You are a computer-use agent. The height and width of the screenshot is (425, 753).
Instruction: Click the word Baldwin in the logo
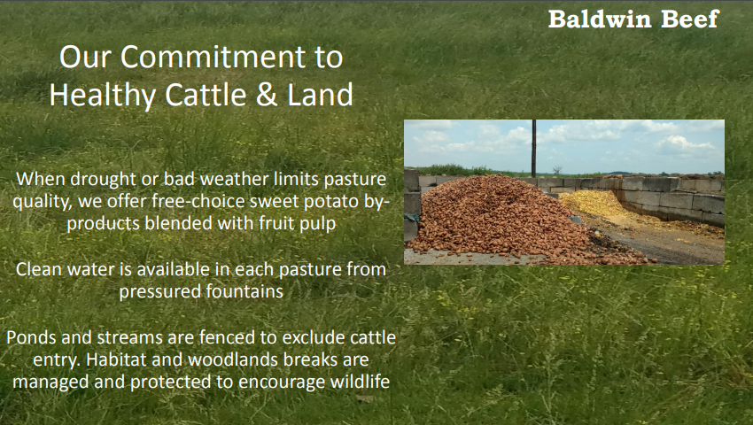(600, 19)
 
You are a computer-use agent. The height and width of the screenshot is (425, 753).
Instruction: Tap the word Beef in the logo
(689, 19)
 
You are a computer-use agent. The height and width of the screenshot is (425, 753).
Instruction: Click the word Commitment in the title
(213, 58)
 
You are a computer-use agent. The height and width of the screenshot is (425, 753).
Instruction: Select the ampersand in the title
(267, 95)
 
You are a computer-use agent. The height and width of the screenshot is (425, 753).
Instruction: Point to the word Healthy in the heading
(102, 96)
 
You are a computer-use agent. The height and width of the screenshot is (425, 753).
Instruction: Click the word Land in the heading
(321, 95)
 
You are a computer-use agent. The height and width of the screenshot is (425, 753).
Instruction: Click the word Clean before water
(39, 269)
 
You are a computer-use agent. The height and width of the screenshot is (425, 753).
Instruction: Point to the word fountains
(245, 291)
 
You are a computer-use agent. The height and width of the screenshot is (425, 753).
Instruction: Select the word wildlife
(360, 382)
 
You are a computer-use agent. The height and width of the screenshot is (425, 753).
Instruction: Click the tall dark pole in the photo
(534, 149)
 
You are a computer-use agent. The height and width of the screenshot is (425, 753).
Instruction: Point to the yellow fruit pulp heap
(593, 202)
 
